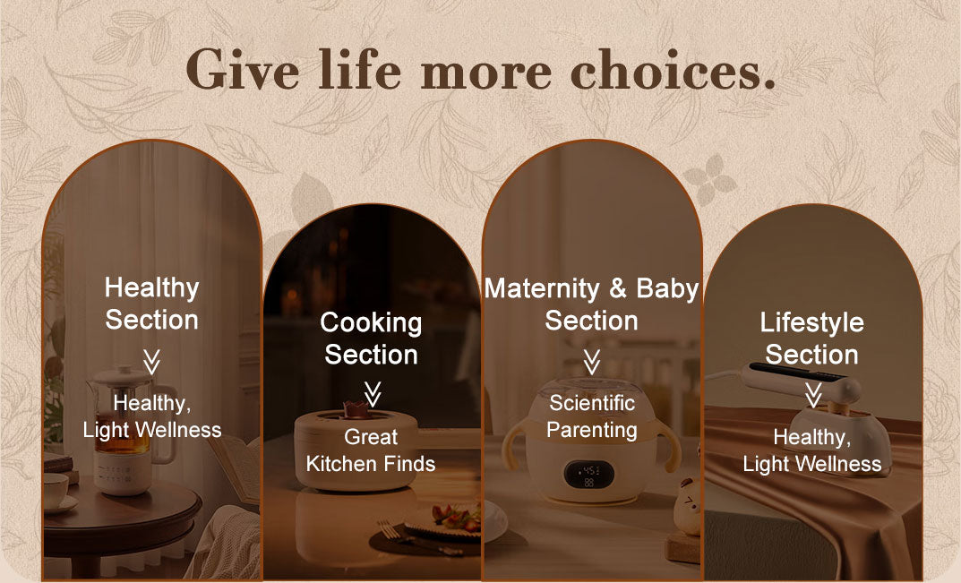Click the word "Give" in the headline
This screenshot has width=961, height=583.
pyautogui.click(x=243, y=70)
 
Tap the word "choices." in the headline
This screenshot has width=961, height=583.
pyautogui.click(x=673, y=70)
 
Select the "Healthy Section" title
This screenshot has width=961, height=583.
pyautogui.click(x=152, y=304)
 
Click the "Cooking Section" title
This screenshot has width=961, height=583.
pyautogui.click(x=371, y=339)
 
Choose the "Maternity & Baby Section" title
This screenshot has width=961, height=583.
pyautogui.click(x=591, y=304)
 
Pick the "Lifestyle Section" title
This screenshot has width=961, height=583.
pyautogui.click(x=812, y=339)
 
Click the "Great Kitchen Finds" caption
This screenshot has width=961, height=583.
pyautogui.click(x=371, y=450)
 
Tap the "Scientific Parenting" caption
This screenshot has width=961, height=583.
pyautogui.click(x=591, y=416)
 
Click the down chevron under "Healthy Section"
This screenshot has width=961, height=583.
pyautogui.click(x=151, y=362)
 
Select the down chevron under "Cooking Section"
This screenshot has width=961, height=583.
pyautogui.click(x=372, y=394)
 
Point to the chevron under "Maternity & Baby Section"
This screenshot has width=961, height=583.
pyautogui.click(x=591, y=362)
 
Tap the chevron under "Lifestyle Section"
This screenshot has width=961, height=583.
pyautogui.click(x=812, y=395)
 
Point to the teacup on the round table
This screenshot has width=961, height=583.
pyautogui.click(x=56, y=491)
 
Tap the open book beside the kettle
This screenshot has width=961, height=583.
pyautogui.click(x=239, y=466)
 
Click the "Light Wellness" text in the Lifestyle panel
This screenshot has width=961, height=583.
pyautogui.click(x=812, y=464)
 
